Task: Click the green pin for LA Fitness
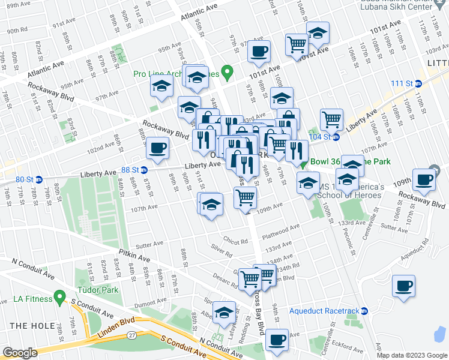tap(59, 296)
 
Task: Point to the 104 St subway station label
tap(321, 137)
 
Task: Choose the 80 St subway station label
tap(25, 179)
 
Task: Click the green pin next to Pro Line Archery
tap(227, 73)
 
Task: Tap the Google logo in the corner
tap(20, 353)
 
